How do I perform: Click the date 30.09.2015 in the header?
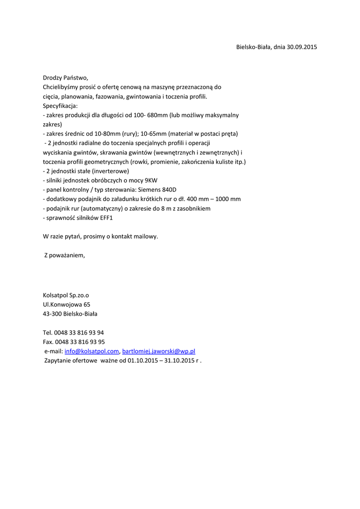302,47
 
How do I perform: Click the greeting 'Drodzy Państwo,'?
65,78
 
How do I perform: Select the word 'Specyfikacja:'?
60,106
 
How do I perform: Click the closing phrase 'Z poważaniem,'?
64,255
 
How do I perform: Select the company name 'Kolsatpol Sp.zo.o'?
66,295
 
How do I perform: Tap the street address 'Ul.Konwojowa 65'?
67,305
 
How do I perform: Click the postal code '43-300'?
52,314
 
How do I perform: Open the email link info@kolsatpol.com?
91,351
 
